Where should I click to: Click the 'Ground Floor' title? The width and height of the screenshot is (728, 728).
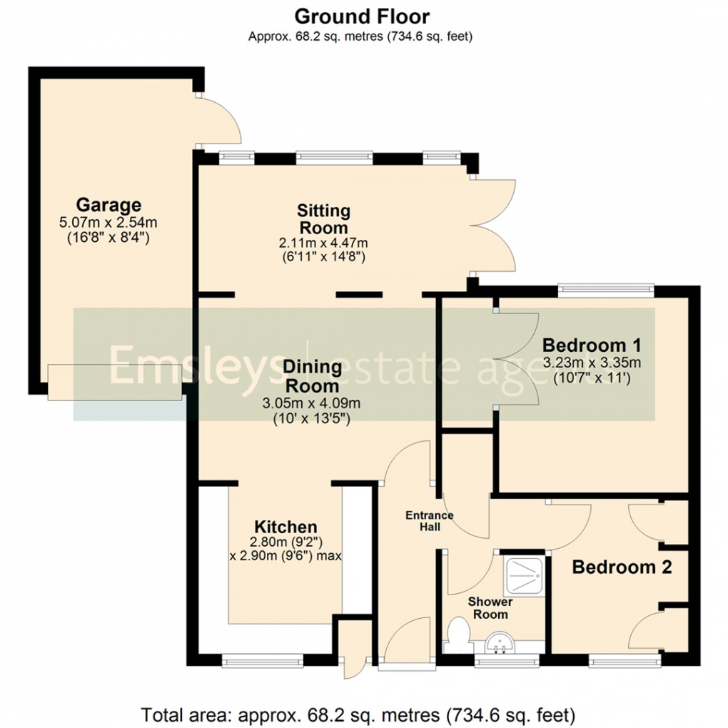[362, 16]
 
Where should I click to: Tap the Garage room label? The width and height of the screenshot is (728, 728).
[109, 206]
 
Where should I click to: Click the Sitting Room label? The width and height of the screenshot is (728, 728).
[323, 219]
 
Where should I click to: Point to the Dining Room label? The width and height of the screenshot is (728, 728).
[313, 375]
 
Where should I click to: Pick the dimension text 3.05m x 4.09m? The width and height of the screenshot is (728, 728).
[311, 403]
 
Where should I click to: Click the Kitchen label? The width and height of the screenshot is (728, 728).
[286, 527]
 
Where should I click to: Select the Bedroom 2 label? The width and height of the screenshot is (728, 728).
[622, 567]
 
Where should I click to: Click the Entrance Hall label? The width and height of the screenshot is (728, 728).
[430, 521]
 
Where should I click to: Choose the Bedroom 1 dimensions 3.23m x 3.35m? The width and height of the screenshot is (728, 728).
[592, 362]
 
